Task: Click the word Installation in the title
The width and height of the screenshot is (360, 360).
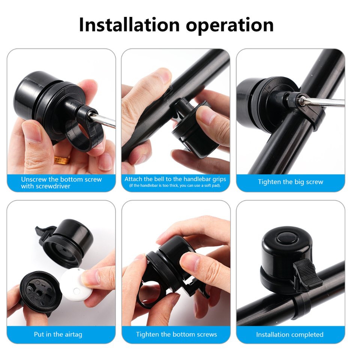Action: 129,25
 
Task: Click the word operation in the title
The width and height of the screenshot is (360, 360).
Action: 230,26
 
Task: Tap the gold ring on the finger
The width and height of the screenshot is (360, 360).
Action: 62,160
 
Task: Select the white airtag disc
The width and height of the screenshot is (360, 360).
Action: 76,285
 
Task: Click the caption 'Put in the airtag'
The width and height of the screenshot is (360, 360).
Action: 58,334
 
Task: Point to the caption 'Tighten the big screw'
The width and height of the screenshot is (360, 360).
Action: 290,182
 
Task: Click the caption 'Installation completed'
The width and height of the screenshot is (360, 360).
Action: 290,334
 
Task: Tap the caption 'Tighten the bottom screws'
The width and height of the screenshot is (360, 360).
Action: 176,334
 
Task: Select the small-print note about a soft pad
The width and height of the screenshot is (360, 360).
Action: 175,186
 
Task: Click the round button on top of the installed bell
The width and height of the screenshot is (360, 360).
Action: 287,238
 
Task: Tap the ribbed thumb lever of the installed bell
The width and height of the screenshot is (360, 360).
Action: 307,274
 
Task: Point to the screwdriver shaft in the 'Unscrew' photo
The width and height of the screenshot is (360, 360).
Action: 103,120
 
